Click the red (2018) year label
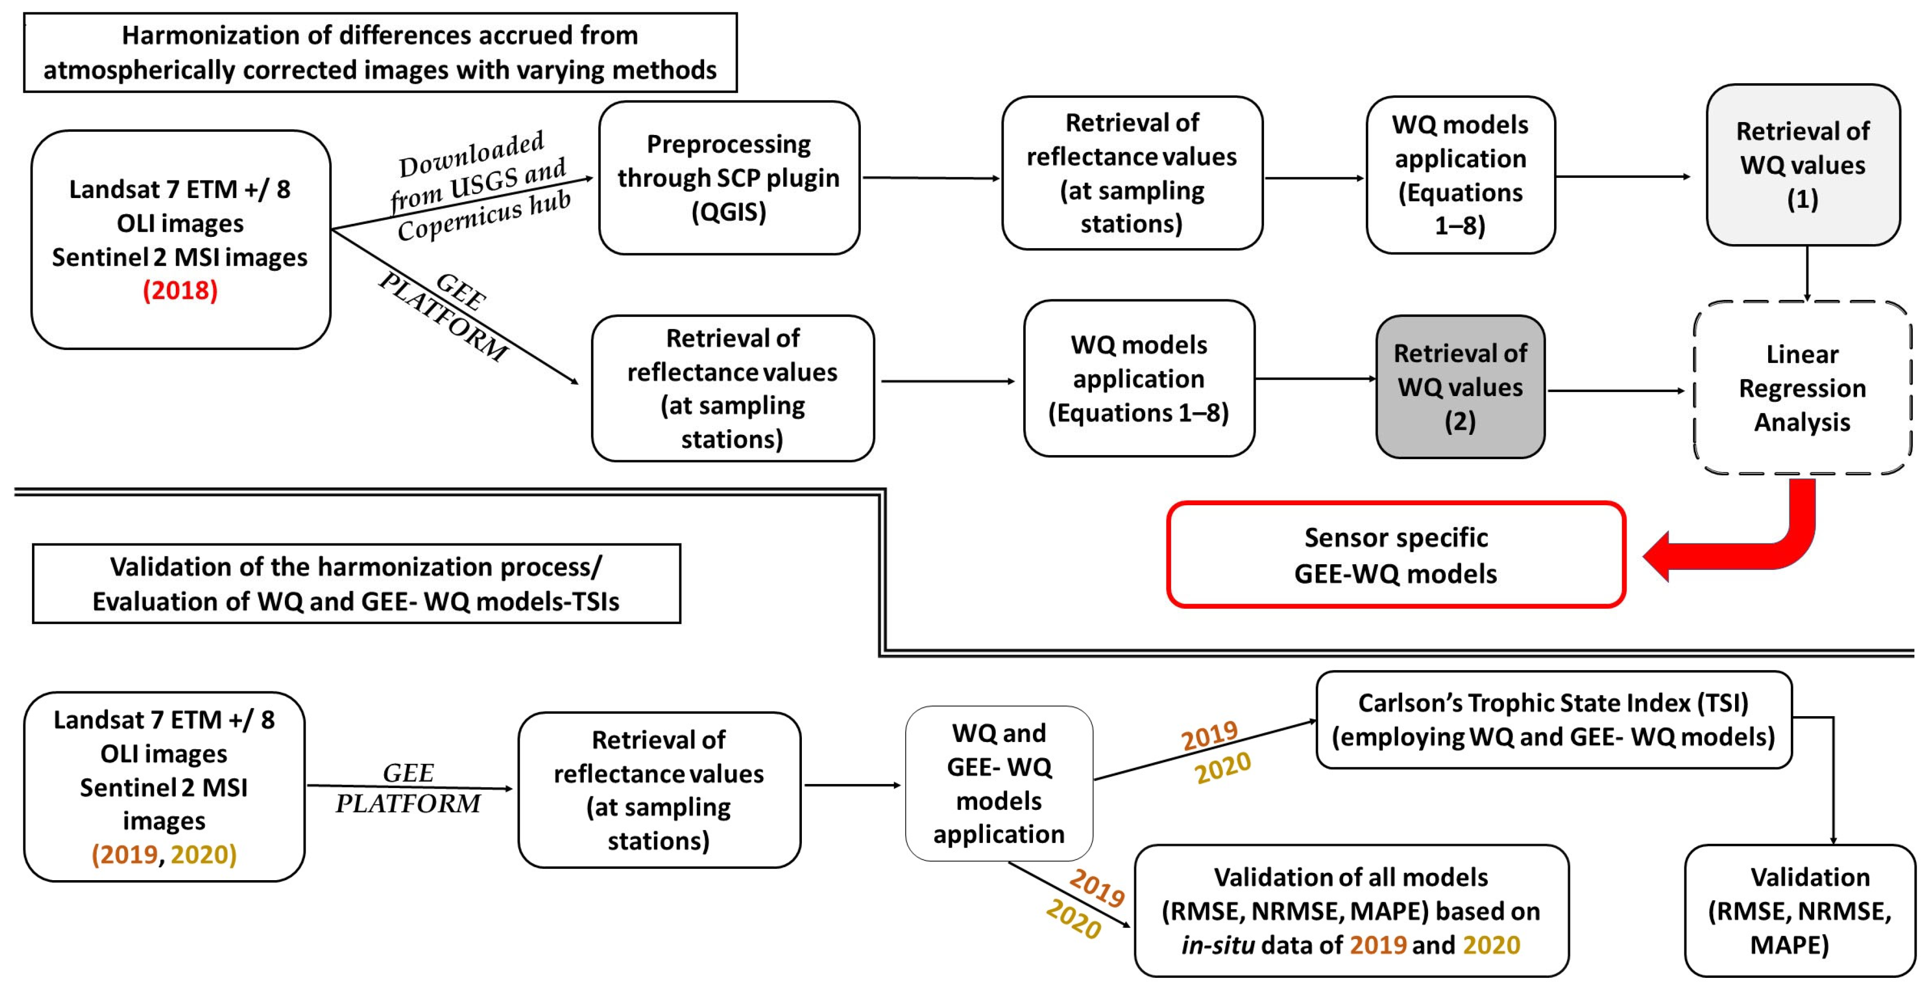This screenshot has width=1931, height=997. [x=180, y=290]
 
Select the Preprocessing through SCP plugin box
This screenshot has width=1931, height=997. [x=728, y=178]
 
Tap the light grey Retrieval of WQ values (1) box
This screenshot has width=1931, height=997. [x=1802, y=165]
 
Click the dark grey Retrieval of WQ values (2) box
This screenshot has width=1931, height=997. [x=1459, y=387]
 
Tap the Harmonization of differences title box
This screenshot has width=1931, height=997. [x=380, y=52]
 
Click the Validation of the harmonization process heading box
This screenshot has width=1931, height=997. [x=356, y=584]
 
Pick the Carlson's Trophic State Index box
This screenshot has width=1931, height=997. [x=1553, y=720]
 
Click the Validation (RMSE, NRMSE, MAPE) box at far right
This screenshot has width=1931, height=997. [x=1799, y=911]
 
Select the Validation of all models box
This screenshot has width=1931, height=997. [x=1351, y=911]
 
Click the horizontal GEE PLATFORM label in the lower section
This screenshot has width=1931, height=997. [x=408, y=788]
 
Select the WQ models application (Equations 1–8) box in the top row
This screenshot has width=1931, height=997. [x=1459, y=175]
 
